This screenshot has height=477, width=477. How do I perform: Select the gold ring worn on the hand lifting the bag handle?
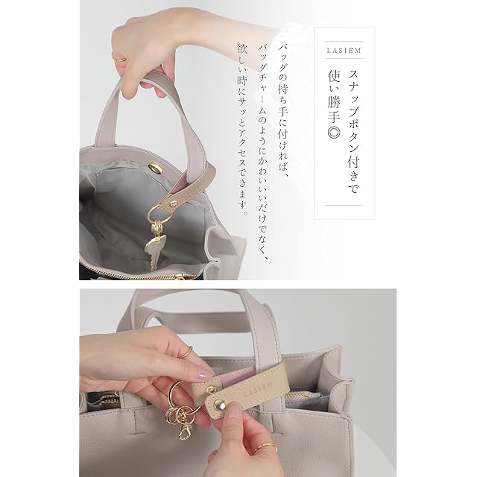point(119,58)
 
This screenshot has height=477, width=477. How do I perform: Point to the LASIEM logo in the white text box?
point(344,50)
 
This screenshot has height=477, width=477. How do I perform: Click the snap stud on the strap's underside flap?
point(210,389)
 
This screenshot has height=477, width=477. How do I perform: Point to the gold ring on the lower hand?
point(266,446)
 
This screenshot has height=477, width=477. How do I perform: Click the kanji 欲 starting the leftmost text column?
point(242,48)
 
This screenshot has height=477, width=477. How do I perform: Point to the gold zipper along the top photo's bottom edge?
point(144,275)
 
